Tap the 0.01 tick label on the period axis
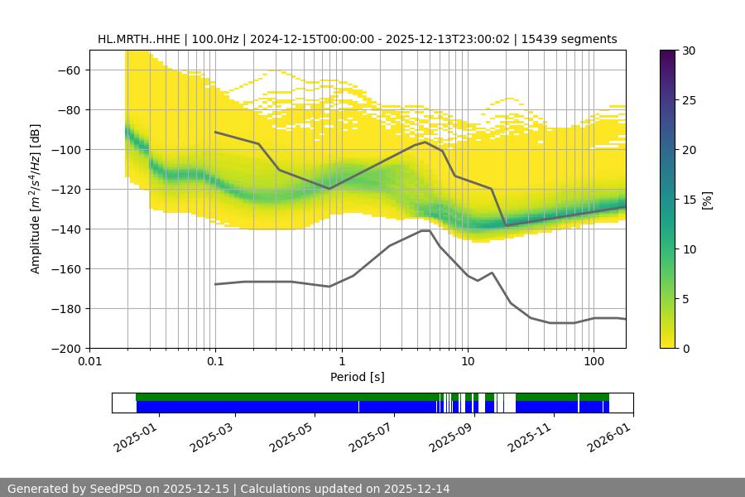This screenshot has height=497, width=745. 89,362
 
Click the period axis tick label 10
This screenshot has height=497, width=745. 468,362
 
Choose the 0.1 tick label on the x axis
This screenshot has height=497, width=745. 215,362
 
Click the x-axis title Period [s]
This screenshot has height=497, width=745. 357,377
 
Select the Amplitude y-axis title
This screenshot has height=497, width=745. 36,199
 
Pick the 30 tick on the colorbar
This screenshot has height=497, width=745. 690,51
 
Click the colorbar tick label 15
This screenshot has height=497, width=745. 690,200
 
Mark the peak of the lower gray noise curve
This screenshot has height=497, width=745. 425,230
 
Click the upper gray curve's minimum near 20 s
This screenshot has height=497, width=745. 506,225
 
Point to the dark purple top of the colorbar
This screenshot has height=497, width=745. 667,54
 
